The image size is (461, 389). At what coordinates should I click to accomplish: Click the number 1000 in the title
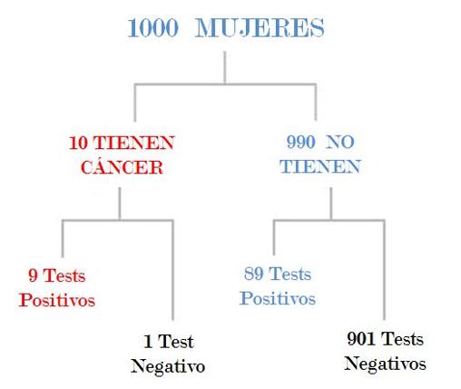[153, 28]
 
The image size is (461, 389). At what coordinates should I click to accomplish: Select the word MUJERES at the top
[260, 28]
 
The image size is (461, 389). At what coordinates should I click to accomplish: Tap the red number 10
[78, 143]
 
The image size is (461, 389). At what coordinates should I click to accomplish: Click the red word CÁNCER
[122, 166]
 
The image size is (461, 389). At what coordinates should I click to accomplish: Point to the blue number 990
[301, 142]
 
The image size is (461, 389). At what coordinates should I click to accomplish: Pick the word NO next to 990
[340, 142]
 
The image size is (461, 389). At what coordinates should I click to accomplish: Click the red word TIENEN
[133, 143]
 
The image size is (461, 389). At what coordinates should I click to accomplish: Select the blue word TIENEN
[320, 166]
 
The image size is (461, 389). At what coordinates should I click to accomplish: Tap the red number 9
[33, 275]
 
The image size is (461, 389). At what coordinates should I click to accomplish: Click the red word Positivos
[57, 300]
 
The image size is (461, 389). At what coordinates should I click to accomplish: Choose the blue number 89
[253, 274]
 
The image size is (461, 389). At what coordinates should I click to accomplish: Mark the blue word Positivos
[278, 298]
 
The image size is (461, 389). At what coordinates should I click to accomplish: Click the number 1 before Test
[148, 342]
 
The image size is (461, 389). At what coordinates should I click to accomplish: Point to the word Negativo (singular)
[168, 366]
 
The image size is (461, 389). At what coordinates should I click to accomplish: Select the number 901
[361, 339]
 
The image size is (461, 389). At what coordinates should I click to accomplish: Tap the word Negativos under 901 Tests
[385, 364]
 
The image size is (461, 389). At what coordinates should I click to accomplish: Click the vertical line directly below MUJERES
[225, 67]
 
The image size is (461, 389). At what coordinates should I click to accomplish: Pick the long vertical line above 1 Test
[172, 270]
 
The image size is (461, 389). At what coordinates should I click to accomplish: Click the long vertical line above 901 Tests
[385, 270]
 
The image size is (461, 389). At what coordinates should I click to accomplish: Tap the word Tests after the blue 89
[290, 274]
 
